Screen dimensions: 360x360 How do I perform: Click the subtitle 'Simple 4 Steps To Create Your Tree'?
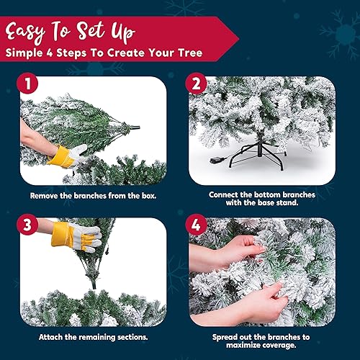click(x=104, y=53)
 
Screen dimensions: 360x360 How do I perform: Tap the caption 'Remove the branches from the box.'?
click(x=90, y=195)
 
